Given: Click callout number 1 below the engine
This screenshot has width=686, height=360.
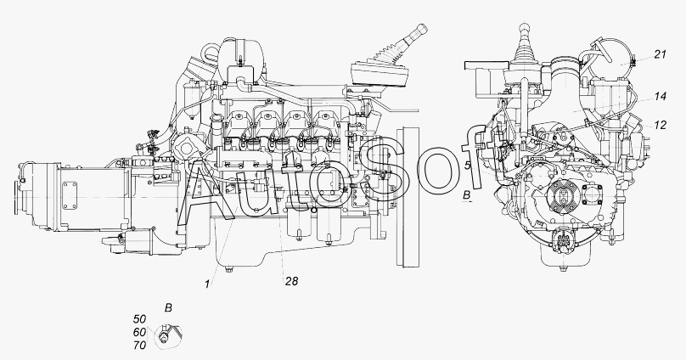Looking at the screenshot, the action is click(x=207, y=284).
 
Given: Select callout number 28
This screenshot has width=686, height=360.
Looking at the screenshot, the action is click(x=291, y=281).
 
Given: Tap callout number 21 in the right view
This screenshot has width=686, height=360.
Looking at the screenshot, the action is click(x=661, y=54).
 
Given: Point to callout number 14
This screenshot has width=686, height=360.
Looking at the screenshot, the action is click(x=661, y=96).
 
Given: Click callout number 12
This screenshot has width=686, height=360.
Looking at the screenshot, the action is click(x=661, y=125).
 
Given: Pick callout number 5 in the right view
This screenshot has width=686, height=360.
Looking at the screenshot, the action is click(x=467, y=166).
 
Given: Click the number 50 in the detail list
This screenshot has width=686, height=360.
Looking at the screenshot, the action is click(x=140, y=319).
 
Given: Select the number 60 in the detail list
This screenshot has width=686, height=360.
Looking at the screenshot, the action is click(x=140, y=333).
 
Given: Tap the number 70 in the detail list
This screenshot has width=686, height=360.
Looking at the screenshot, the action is click(x=140, y=346).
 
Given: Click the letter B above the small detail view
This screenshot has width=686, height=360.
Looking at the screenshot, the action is click(x=168, y=308).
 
